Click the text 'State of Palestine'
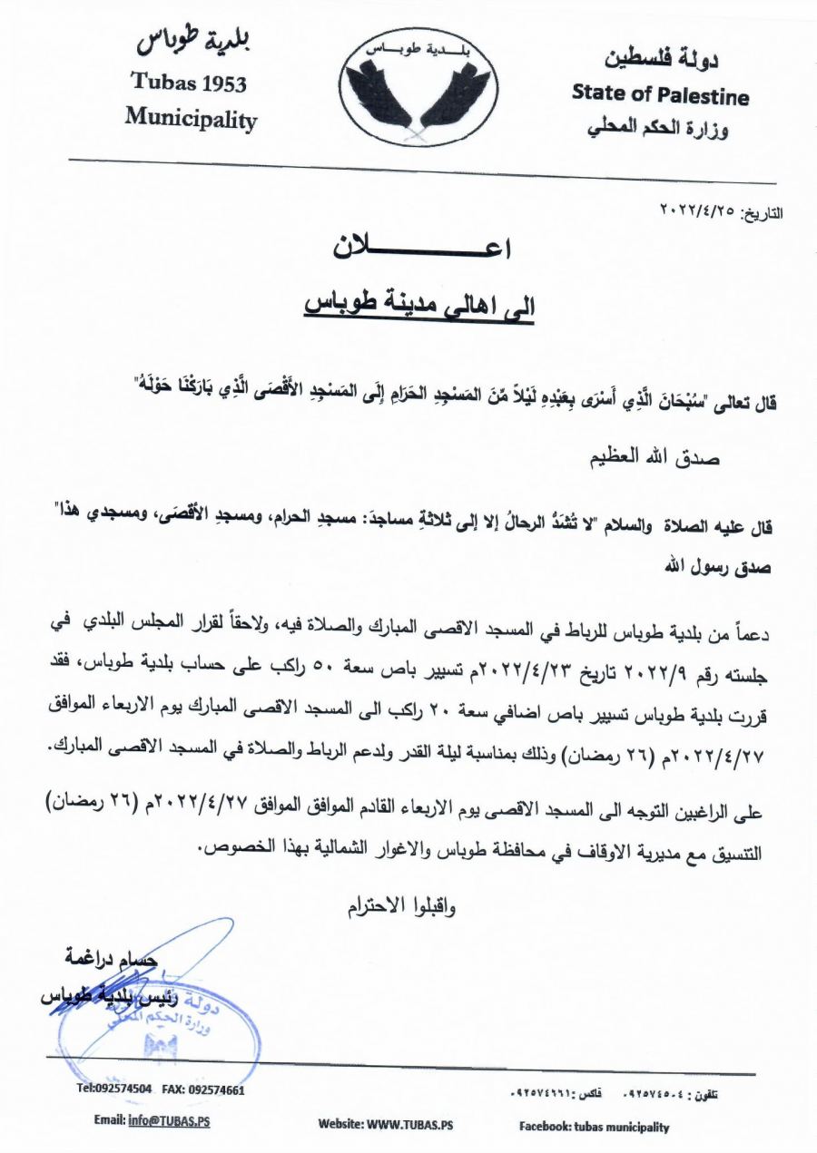pos(660,94)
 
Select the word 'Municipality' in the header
pos(191,118)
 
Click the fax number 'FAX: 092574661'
pos(203,1089)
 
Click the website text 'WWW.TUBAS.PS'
pos(410,1126)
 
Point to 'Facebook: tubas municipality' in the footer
pos(594,1127)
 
